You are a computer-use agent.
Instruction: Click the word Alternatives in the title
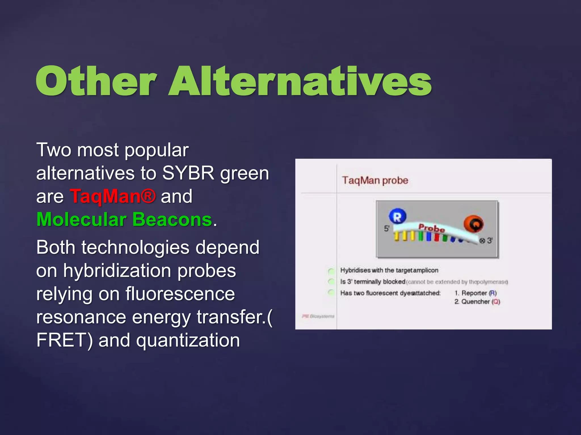pos(300,81)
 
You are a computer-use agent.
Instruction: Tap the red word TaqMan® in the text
pos(113,196)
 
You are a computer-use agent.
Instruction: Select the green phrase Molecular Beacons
pos(124,220)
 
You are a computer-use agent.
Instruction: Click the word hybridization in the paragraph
pos(117,271)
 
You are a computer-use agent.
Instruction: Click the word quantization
pos(188,340)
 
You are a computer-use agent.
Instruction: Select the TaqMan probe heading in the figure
pos(375,180)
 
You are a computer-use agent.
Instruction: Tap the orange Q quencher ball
pos(473,224)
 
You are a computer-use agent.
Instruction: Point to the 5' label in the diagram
pos(387,229)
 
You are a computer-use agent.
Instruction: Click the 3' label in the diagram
pos(490,241)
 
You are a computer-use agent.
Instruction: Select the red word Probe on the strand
pos(431,228)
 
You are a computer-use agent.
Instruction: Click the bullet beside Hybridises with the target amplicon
pos(331,271)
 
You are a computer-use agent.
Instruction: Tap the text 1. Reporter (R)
pos(475,293)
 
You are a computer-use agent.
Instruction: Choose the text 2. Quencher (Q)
pos(477,302)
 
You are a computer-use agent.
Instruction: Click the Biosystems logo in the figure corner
pos(318,316)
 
